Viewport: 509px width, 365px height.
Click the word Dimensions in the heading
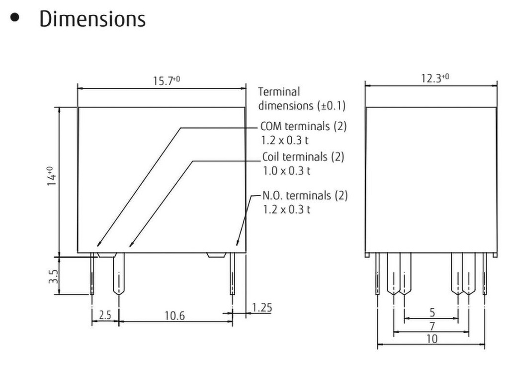92,19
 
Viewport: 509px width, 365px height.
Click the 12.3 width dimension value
431,78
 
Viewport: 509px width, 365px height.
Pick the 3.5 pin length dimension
54,276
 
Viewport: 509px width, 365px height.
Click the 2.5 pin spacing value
105,316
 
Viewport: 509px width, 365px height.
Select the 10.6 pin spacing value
174,316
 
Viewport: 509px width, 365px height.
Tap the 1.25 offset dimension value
261,308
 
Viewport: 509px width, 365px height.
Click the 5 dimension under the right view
432,313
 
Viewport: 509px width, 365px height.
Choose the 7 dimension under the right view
432,326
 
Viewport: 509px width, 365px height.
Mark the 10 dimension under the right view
432,339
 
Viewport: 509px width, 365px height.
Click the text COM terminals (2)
303,126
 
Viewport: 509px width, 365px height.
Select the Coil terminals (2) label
303,157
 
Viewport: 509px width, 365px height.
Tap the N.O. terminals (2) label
305,195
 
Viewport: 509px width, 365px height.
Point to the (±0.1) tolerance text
331,105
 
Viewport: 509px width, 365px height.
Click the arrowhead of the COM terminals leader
98,244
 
